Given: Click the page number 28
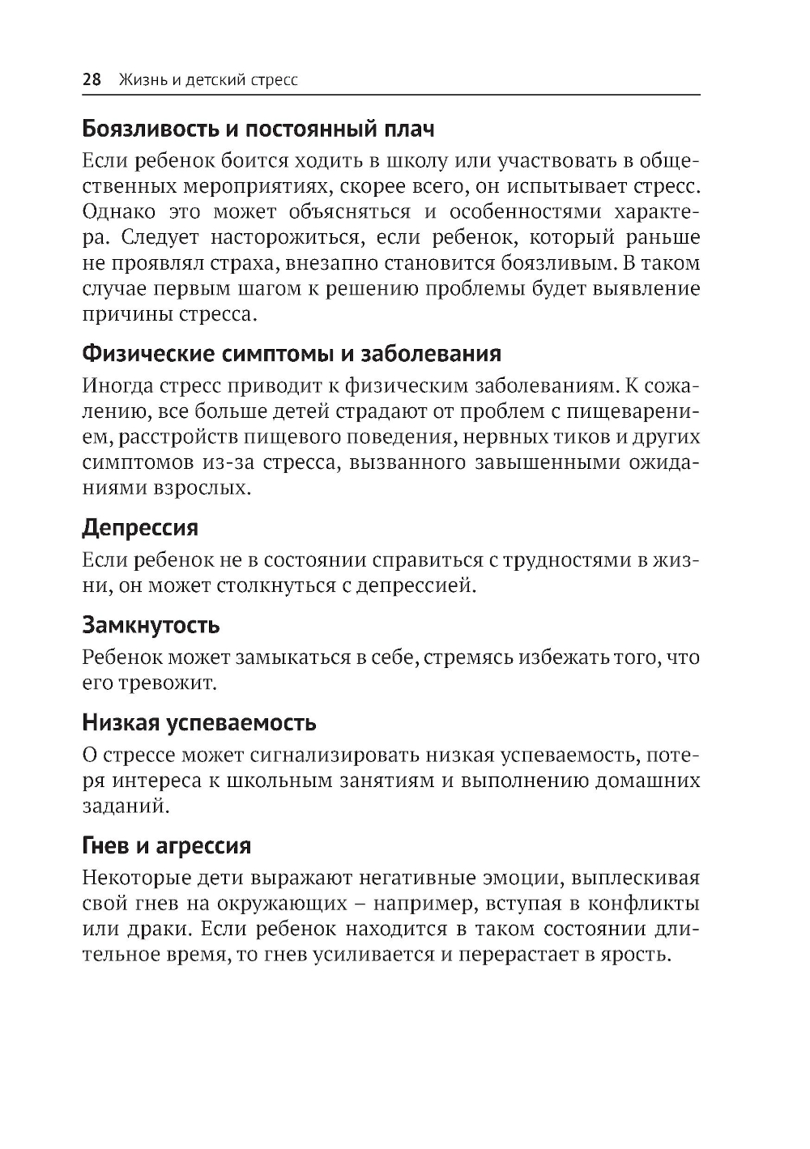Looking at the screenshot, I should (x=91, y=79).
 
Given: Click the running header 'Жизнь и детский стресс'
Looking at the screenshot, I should (x=208, y=79).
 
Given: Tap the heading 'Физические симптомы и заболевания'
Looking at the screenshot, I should (x=292, y=354).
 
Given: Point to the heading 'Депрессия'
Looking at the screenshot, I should (x=140, y=528).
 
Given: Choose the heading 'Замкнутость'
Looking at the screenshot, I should (x=151, y=625).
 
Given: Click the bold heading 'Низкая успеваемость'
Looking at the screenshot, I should (x=199, y=722).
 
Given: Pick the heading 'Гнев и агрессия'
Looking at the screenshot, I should (x=166, y=846).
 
